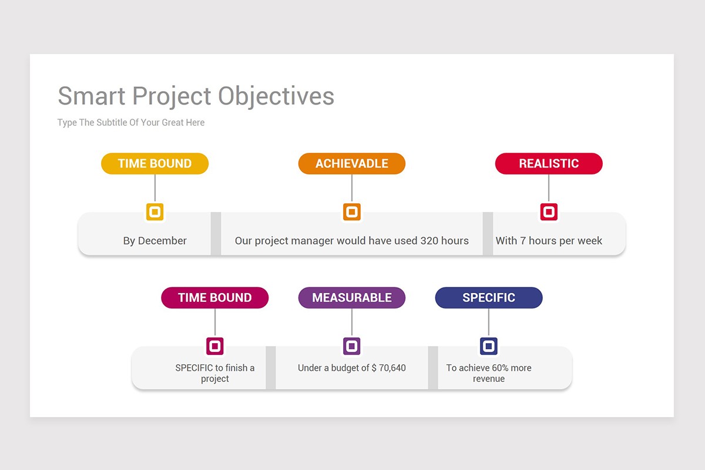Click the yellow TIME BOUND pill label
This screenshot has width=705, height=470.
click(155, 164)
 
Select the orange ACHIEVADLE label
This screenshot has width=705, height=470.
click(351, 164)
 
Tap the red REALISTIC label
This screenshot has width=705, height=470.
click(549, 164)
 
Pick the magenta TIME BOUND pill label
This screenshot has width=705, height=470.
click(214, 298)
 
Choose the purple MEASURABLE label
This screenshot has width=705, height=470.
click(351, 298)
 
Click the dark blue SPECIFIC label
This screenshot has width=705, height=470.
click(488, 298)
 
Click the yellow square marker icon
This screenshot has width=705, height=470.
click(155, 211)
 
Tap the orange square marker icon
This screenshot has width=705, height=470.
click(351, 211)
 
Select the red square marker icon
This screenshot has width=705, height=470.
click(549, 211)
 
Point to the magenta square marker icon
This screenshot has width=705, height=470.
click(214, 345)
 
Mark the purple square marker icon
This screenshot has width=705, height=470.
click(351, 345)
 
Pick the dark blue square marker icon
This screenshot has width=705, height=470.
click(488, 345)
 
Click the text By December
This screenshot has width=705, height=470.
click(155, 241)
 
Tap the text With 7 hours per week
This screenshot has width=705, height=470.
click(549, 241)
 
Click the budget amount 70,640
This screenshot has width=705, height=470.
click(392, 368)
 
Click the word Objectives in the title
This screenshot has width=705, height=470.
click(276, 96)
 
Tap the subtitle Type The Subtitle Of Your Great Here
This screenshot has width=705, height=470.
click(131, 123)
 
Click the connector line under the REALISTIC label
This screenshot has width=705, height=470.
click(549, 188)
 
